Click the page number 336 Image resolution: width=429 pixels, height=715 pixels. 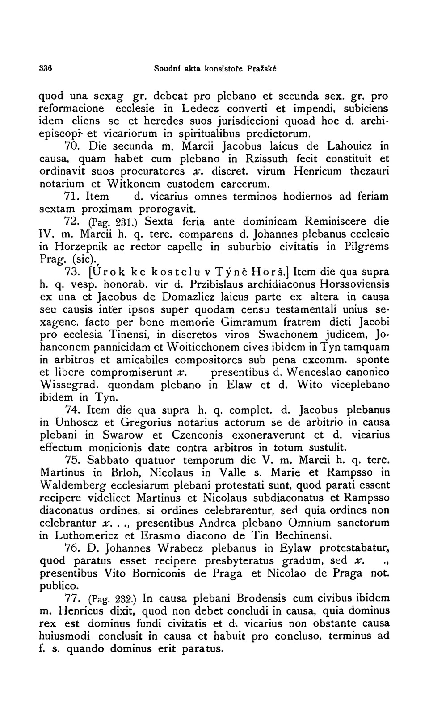(46, 69)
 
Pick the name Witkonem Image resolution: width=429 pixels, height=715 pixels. (134, 183)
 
